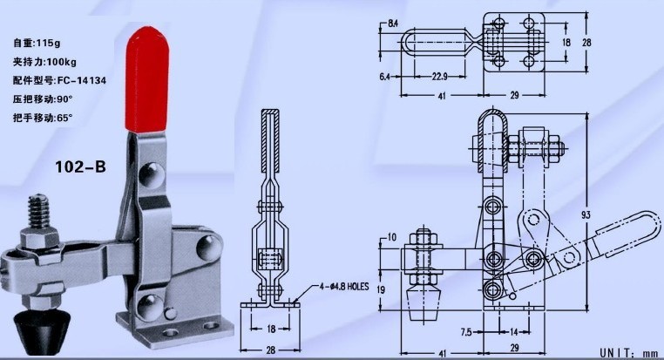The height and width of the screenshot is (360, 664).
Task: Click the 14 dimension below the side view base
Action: point(514,332)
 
